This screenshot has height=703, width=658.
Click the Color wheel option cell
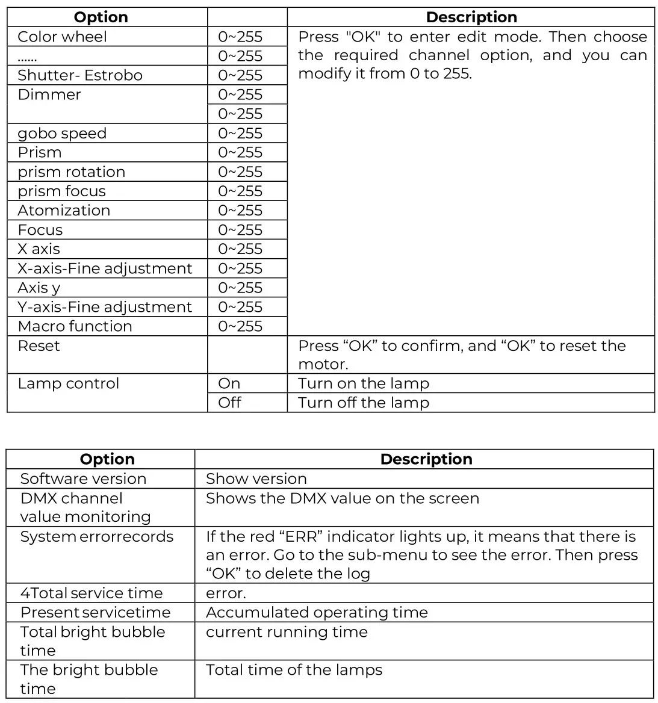(62, 37)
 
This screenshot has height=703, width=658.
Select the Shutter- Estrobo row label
(80, 75)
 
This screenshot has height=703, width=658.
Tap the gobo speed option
(62, 133)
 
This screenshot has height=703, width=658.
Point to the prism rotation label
(72, 172)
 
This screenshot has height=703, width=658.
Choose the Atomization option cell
(64, 210)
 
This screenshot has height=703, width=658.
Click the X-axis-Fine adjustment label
(105, 268)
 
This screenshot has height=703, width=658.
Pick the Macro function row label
(75, 326)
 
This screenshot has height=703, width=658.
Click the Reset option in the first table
(39, 346)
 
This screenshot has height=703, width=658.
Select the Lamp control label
(69, 383)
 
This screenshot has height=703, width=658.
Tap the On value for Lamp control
(229, 383)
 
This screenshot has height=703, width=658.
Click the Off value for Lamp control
(229, 403)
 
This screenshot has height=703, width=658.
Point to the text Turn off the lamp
(364, 403)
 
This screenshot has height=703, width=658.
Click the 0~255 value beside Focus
(240, 230)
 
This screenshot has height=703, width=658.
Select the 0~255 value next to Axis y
(240, 288)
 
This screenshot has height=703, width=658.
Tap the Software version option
(83, 478)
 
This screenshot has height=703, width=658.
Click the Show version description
(256, 478)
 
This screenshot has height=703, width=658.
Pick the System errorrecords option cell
(96, 536)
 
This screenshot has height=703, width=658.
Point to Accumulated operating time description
(317, 612)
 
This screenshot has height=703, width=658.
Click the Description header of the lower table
(426, 459)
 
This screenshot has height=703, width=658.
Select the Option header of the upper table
(101, 17)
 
